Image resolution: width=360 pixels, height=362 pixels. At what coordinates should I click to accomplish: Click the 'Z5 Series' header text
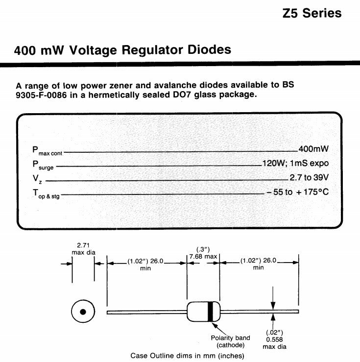coord(312,13)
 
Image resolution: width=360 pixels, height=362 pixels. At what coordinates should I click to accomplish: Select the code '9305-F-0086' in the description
coord(41,95)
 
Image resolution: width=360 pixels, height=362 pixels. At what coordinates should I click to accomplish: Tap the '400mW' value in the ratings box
coord(313,149)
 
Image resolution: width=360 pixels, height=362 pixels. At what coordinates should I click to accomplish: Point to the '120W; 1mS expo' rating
coord(296,163)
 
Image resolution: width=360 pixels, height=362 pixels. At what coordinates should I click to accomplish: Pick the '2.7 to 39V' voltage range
coord(309,177)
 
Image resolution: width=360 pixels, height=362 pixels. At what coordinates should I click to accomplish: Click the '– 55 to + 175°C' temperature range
coord(298,192)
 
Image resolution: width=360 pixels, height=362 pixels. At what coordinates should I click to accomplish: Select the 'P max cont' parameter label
coord(48,151)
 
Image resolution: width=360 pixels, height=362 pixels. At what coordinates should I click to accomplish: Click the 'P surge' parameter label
coord(43,165)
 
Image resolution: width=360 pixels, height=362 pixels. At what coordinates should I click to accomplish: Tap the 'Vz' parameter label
coord(37,179)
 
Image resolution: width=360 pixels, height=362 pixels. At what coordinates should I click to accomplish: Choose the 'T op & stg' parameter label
coord(46,193)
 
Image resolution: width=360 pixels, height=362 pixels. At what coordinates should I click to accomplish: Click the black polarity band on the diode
coord(210,312)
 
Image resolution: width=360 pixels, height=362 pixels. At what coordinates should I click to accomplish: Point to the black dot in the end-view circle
coord(83,312)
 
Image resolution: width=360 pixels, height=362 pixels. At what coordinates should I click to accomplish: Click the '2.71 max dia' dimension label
coord(83,249)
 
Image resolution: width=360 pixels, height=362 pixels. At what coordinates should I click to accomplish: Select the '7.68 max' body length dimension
coord(203,257)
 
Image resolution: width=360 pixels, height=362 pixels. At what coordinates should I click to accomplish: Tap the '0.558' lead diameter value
coord(274,339)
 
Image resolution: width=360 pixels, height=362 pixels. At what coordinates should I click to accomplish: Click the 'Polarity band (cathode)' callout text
coord(230,341)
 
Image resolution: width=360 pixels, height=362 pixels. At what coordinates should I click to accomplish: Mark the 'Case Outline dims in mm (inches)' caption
coord(187,356)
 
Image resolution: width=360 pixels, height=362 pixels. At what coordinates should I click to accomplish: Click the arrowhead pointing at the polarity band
coord(214,325)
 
